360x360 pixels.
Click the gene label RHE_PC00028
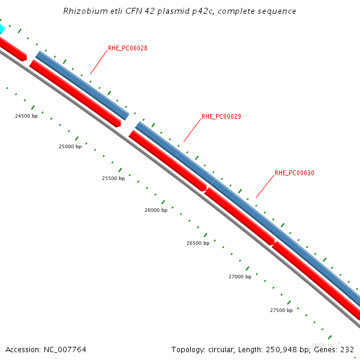127,48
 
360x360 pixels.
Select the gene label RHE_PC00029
221,116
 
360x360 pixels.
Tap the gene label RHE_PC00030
294,173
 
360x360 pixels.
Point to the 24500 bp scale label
26,116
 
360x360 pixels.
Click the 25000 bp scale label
70,146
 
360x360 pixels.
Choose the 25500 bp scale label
113,178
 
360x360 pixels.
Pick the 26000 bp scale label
156,211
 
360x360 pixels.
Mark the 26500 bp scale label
198,243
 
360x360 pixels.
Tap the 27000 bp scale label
240,277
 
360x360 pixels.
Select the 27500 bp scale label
281,310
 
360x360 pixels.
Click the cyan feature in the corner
1,28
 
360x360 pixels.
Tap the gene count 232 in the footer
347,349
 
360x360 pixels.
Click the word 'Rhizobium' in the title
83,11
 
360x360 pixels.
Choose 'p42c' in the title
201,11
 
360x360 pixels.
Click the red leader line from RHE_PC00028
100,62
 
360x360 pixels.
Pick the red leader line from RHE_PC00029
193,130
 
